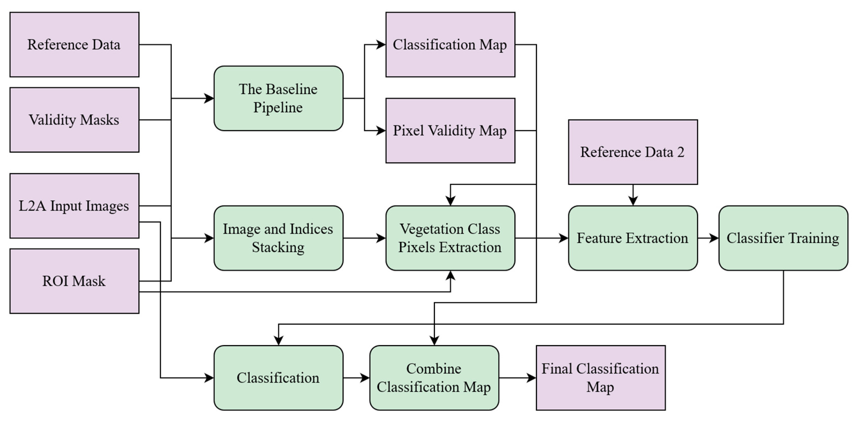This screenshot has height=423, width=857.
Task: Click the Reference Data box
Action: (x=74, y=45)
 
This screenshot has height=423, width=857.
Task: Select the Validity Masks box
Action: (x=74, y=120)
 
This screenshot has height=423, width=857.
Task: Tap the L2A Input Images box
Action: (x=74, y=206)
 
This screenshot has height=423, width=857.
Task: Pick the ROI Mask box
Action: (x=74, y=281)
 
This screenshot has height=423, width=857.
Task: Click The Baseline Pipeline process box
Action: (x=278, y=98)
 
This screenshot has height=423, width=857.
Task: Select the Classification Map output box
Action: (x=450, y=45)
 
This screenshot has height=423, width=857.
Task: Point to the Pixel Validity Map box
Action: (x=450, y=131)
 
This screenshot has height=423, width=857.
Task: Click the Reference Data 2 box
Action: (x=633, y=152)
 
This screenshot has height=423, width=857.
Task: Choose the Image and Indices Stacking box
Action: (x=278, y=238)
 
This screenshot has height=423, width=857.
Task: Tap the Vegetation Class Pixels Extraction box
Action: (x=450, y=238)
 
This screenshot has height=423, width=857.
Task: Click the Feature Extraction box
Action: (x=633, y=238)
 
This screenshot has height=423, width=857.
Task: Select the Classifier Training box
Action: (x=783, y=238)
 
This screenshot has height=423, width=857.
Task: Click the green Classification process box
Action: (x=278, y=378)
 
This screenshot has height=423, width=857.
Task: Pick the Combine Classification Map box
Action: (x=434, y=378)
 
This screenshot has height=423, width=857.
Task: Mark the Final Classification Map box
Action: (x=601, y=378)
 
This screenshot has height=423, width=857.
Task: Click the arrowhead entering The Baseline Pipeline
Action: (x=209, y=98)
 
